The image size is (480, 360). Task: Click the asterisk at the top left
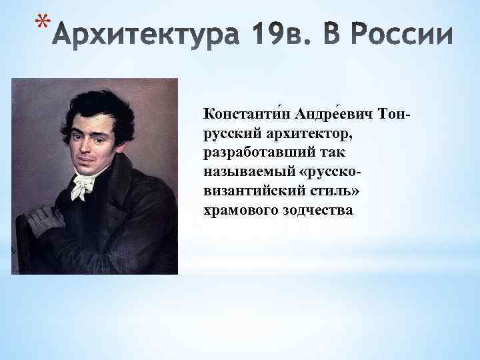41,25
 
